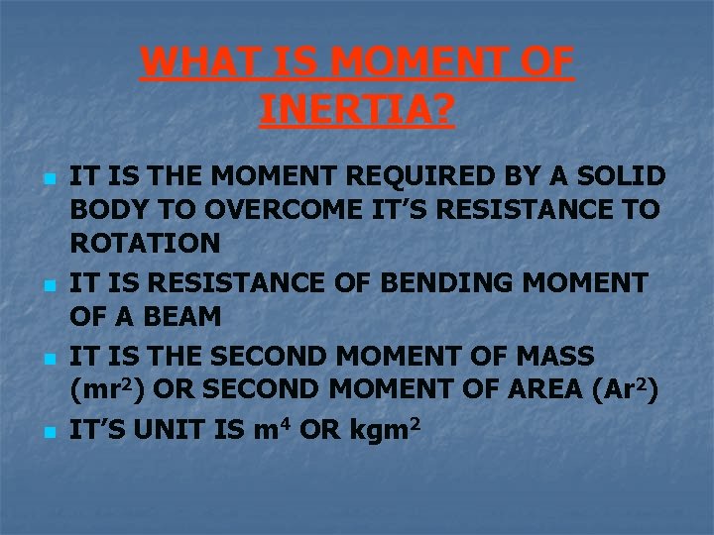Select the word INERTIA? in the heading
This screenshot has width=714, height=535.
tap(357, 110)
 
